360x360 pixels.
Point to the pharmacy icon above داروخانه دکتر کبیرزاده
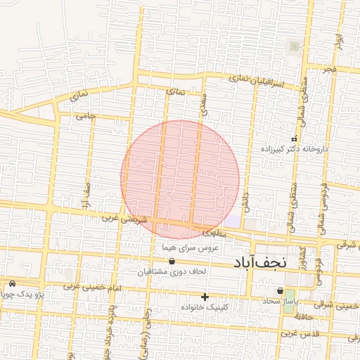[x=295, y=139]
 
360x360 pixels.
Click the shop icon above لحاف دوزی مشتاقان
[x=171, y=262]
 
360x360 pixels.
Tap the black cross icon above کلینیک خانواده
[x=205, y=297]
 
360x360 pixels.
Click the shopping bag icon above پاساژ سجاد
[x=280, y=291]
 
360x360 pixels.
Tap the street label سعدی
[x=204, y=101]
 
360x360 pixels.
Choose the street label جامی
[x=86, y=115]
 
